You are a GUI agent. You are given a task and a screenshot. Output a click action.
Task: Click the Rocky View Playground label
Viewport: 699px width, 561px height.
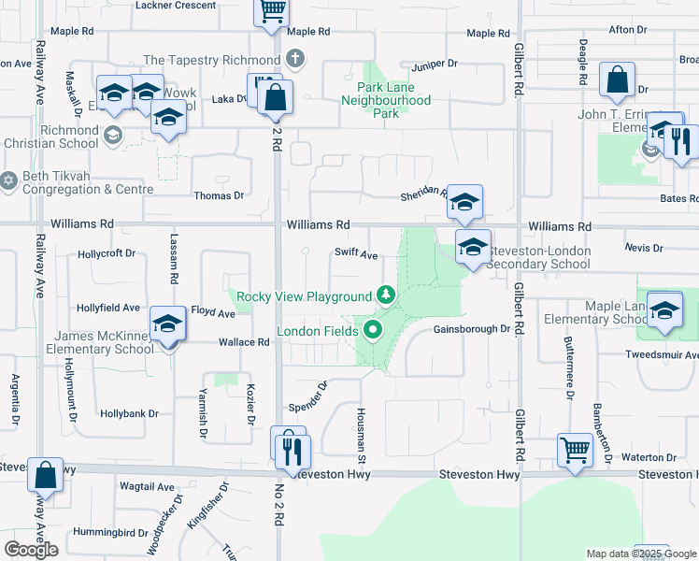pyautogui.click(x=304, y=296)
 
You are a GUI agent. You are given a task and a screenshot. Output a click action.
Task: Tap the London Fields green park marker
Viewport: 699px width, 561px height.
pyautogui.click(x=374, y=331)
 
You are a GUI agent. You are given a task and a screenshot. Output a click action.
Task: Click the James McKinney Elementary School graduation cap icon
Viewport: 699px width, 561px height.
pyautogui.click(x=168, y=324)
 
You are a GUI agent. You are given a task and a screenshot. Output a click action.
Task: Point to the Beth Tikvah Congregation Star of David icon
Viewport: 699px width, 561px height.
pyautogui.click(x=9, y=179)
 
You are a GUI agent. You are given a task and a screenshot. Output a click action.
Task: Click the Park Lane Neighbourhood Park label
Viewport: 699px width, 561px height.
pyautogui.click(x=386, y=100)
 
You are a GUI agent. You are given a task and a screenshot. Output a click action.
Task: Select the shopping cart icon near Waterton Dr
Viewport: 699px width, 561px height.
pyautogui.click(x=575, y=450)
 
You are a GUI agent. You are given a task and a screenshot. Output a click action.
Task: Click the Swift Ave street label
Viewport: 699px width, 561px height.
pyautogui.click(x=356, y=255)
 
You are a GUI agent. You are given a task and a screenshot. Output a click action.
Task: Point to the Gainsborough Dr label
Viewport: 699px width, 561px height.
pyautogui.click(x=472, y=329)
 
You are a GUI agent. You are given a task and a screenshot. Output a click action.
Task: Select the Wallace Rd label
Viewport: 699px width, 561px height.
pyautogui.click(x=244, y=342)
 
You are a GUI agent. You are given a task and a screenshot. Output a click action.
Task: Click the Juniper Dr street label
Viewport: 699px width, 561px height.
pyautogui.click(x=436, y=65)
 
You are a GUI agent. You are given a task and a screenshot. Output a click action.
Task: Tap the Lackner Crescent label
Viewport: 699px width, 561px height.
pyautogui.click(x=176, y=6)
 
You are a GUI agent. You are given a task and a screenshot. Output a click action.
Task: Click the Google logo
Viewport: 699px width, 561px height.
pyautogui.click(x=31, y=550)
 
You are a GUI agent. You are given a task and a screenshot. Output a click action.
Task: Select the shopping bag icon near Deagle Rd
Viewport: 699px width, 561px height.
pyautogui.click(x=618, y=80)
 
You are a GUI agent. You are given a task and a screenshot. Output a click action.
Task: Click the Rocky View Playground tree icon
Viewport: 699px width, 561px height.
pyautogui.click(x=385, y=296)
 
